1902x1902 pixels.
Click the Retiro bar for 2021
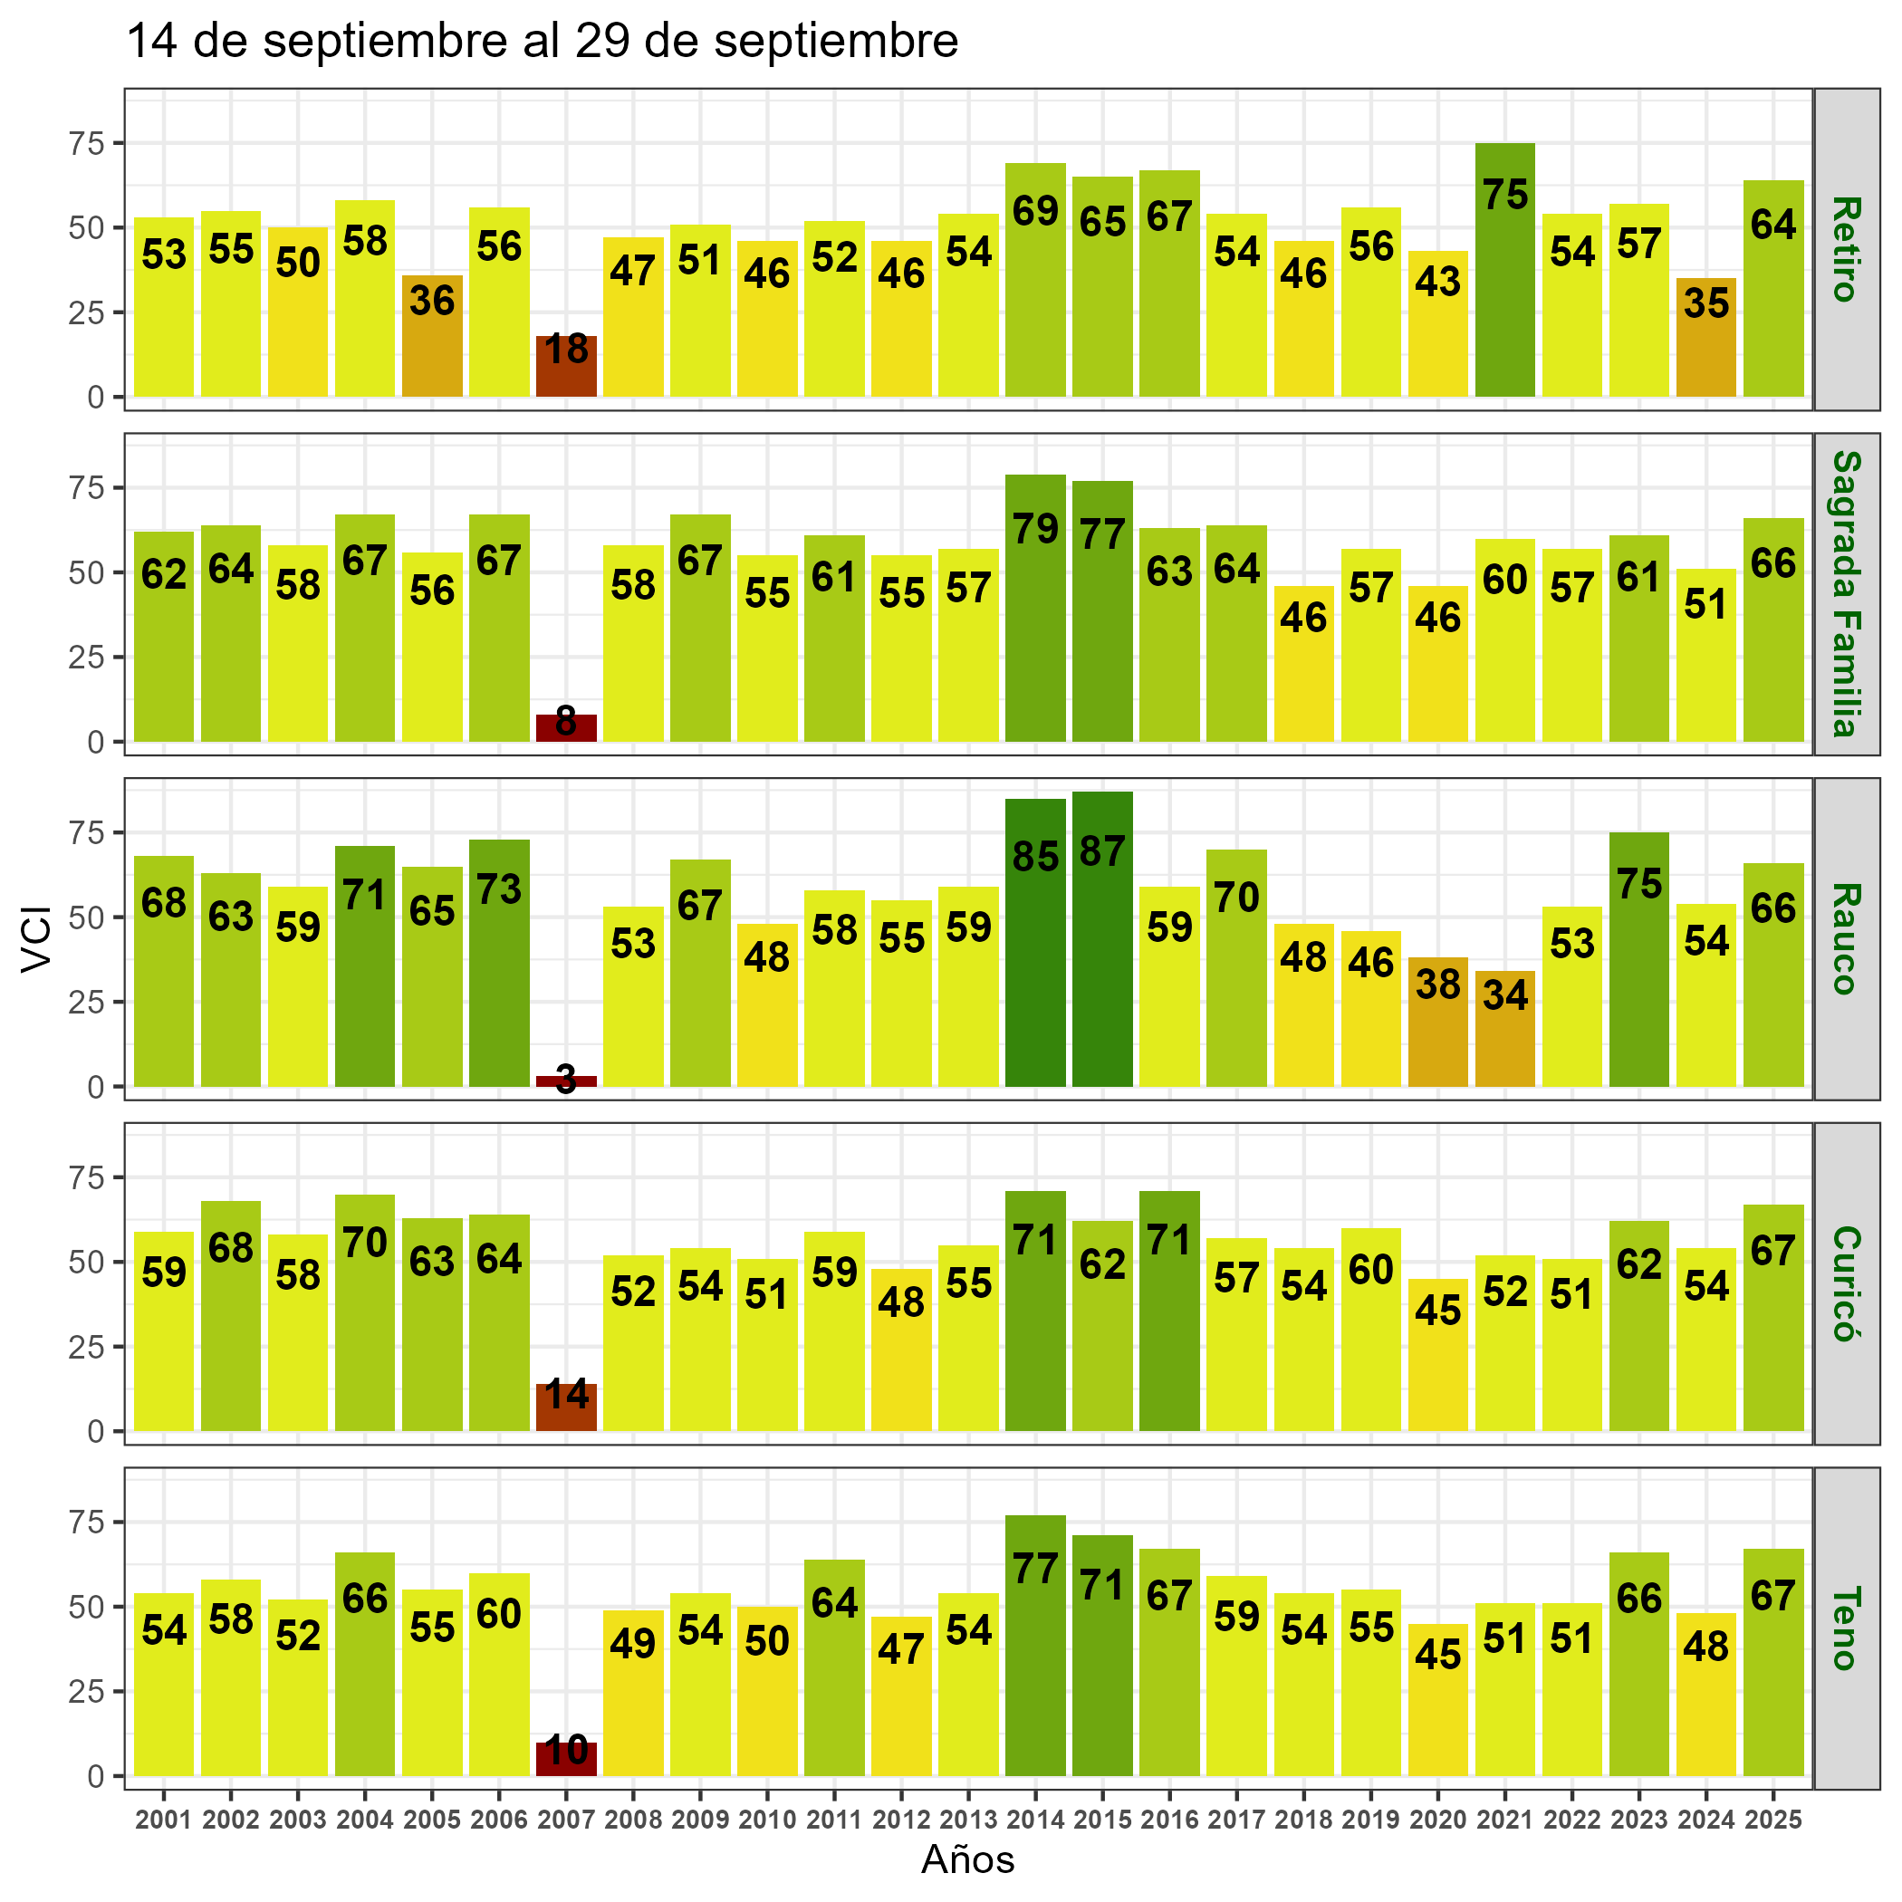1504,270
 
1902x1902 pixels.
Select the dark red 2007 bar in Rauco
566,1081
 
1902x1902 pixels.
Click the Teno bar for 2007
566,1759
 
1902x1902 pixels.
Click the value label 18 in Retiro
566,350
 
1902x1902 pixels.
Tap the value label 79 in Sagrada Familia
1035,529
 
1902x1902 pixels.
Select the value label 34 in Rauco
1504,995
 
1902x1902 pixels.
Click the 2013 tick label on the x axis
969,1820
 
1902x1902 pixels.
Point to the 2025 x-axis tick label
1773,1820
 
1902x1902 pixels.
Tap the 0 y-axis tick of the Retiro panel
95,398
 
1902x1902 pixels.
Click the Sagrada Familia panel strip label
1845,593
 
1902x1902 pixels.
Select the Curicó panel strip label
1845,1283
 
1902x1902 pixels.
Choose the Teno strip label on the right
1845,1628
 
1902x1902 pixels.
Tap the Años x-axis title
967,1860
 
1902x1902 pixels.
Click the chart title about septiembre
543,43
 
